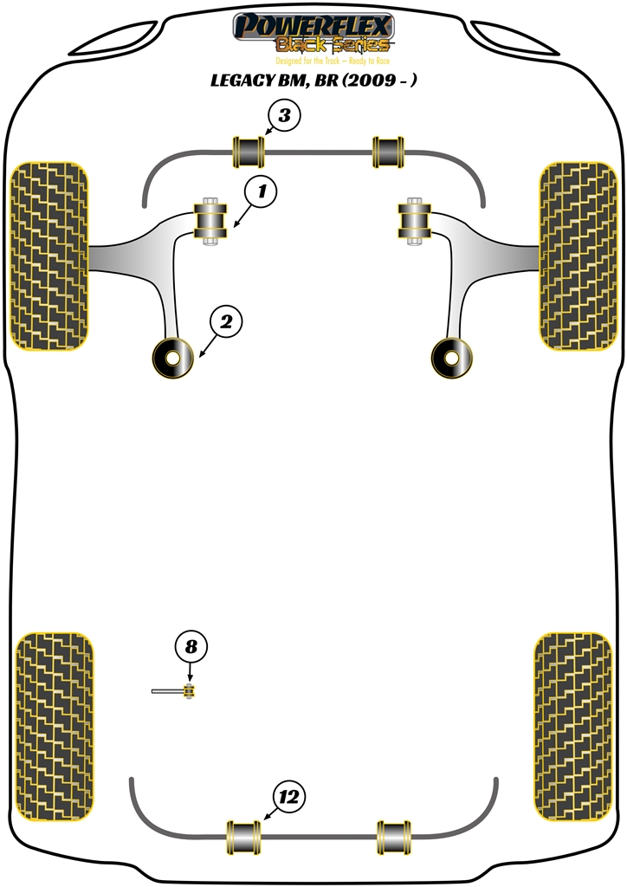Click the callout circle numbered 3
click(x=284, y=115)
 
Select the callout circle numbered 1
click(x=261, y=191)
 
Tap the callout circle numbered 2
click(x=226, y=322)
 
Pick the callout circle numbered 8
click(x=191, y=646)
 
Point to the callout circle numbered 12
click(x=289, y=797)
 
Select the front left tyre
click(x=49, y=256)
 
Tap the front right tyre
click(x=578, y=256)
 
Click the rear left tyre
click(x=55, y=727)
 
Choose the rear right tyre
click(x=573, y=727)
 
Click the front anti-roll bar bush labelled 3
click(x=249, y=152)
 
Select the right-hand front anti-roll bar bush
click(x=388, y=152)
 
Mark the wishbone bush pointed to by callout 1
click(x=210, y=221)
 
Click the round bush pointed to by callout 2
click(x=173, y=357)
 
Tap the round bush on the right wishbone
click(x=451, y=358)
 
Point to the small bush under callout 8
click(x=190, y=690)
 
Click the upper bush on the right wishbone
click(x=415, y=221)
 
